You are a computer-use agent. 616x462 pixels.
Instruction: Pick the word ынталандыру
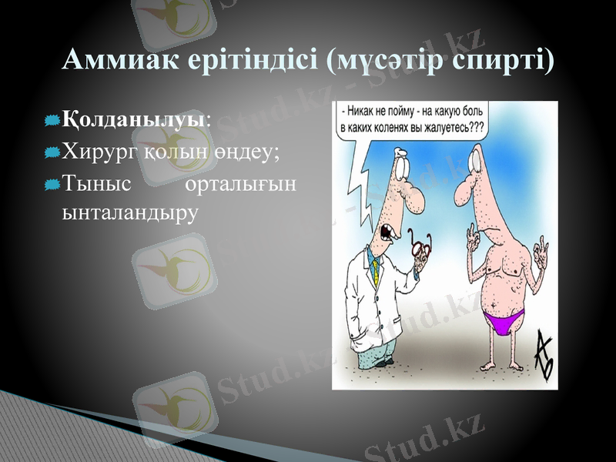(x=129, y=210)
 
